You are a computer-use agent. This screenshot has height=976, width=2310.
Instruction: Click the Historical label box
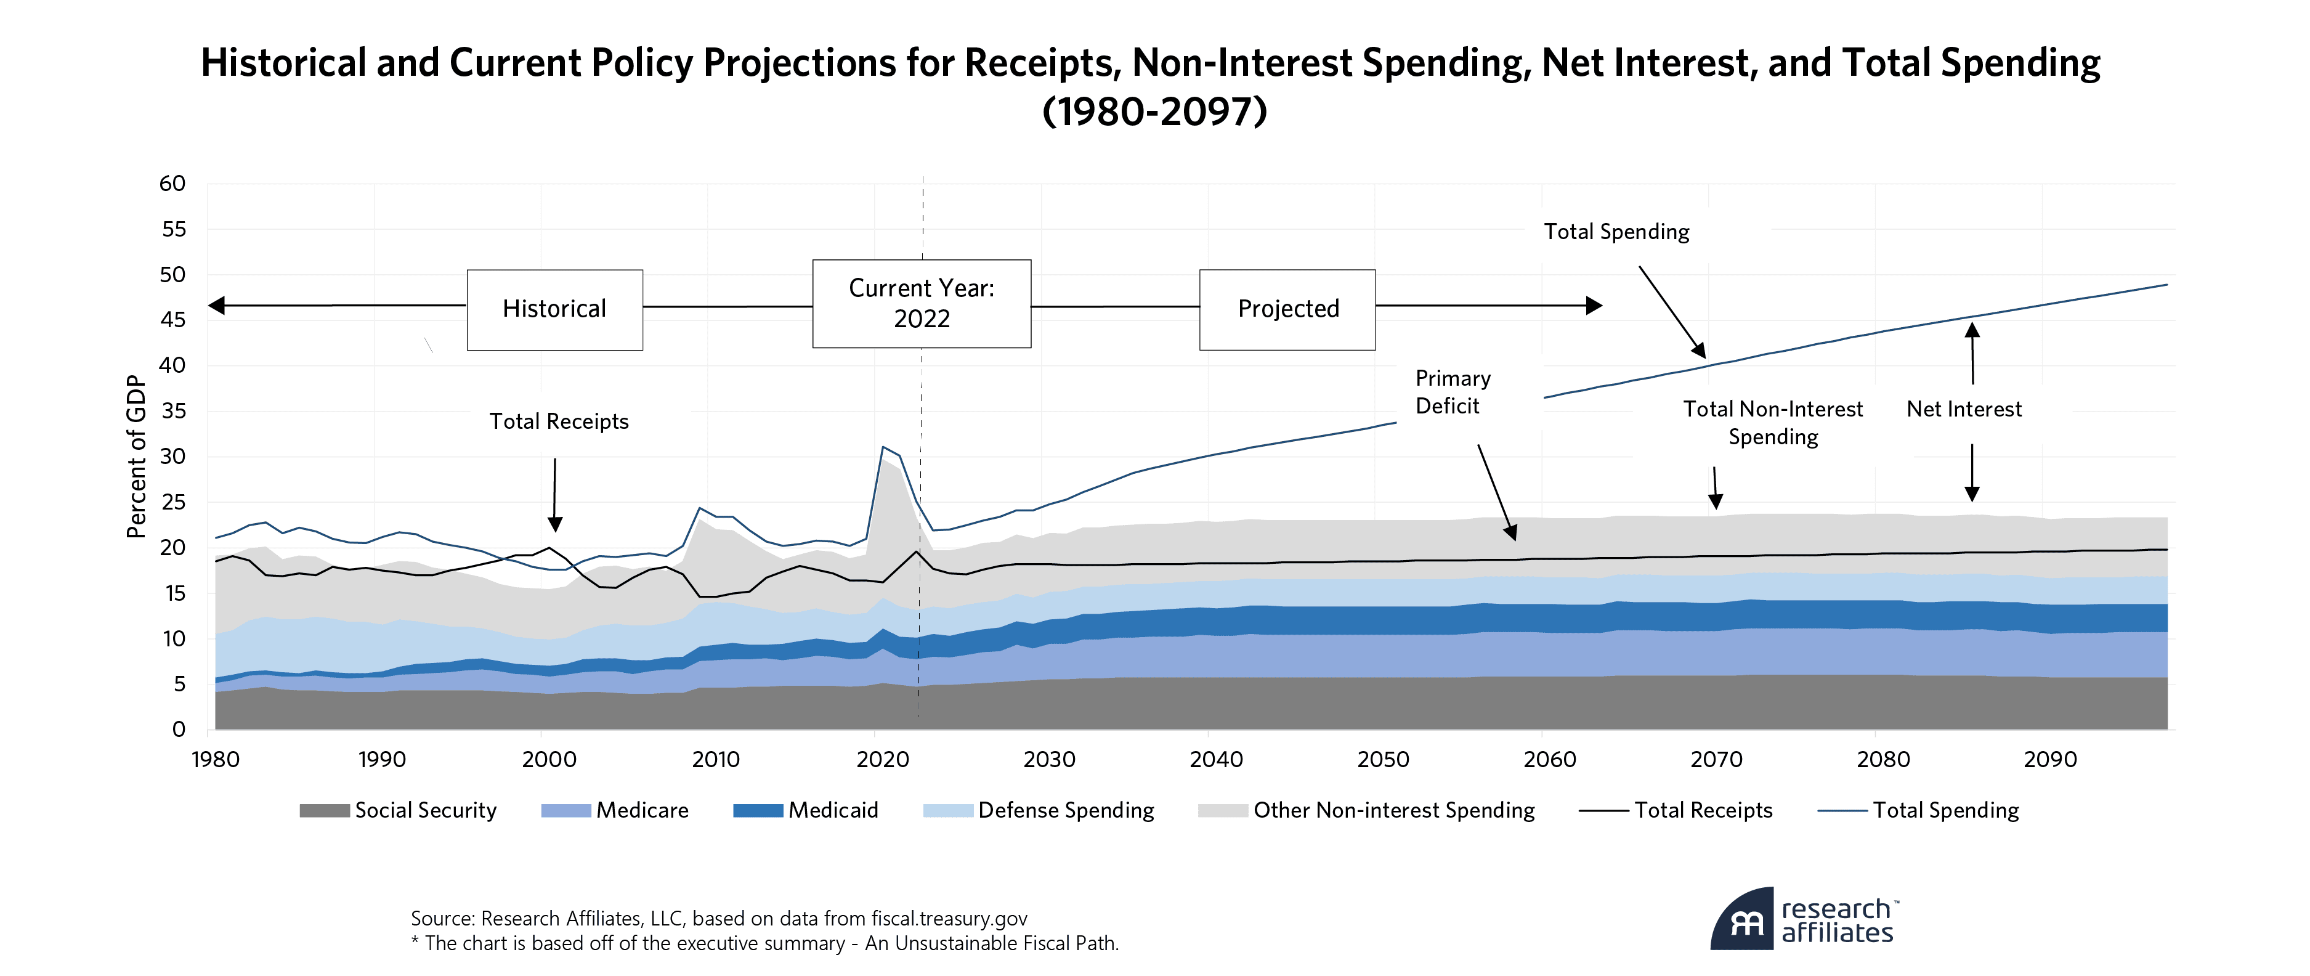[x=554, y=309]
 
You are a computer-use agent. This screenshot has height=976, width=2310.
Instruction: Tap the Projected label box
[x=1287, y=309]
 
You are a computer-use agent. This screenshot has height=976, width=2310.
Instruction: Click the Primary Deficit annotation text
[x=1452, y=392]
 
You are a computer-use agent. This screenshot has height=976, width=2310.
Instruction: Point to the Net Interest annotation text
[x=1963, y=409]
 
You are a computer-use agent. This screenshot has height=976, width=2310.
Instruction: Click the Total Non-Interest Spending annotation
[x=1772, y=423]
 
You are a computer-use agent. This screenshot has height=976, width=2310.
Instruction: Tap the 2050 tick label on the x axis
[x=1383, y=760]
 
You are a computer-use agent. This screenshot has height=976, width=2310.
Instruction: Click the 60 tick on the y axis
[x=172, y=184]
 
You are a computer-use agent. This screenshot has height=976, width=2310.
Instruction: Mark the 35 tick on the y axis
[x=172, y=411]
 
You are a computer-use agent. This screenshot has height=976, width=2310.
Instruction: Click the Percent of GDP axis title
[x=136, y=457]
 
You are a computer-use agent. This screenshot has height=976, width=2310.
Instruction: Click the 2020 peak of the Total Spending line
[x=883, y=447]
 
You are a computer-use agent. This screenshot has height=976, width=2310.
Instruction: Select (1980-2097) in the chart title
[x=1154, y=112]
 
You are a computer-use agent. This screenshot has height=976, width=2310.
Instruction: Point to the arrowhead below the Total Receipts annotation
[x=555, y=525]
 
